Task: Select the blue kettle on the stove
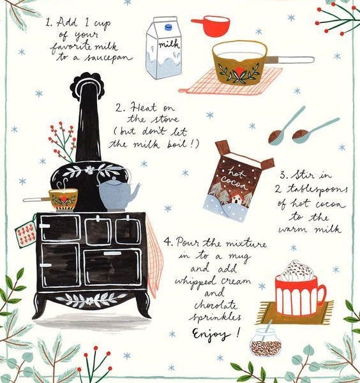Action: (118, 192)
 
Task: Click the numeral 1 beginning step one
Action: (49, 23)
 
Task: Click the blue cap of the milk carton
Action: (168, 27)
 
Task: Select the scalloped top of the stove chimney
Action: (87, 84)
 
